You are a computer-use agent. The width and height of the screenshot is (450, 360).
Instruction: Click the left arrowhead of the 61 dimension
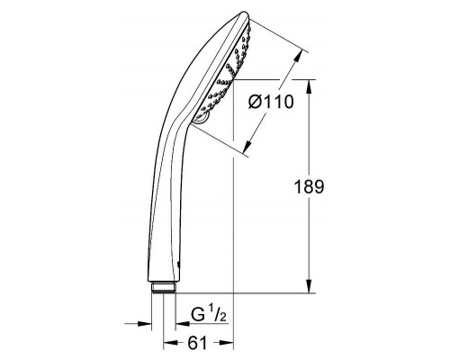[167, 343]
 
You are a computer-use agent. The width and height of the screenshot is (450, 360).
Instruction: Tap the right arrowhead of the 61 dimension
[229, 343]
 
